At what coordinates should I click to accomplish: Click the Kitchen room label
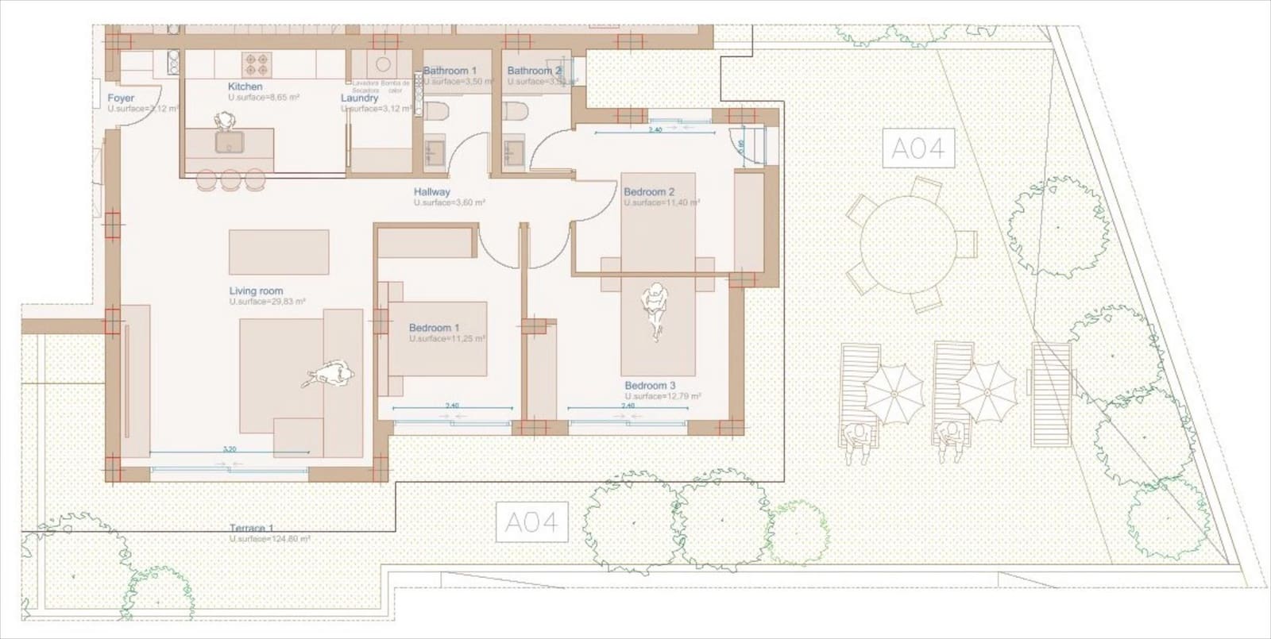245,87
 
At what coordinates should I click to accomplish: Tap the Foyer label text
121,98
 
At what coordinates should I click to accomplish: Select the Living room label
256,291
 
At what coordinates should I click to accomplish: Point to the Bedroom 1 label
434,328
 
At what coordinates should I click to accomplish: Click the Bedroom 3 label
651,386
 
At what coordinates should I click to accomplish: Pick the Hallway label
431,192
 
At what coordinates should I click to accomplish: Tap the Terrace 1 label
251,529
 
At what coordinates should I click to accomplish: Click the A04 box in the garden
918,148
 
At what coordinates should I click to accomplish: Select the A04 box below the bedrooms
531,522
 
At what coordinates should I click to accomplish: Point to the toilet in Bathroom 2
515,112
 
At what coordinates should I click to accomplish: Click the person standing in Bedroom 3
655,310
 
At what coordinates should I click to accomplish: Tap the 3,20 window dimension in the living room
230,449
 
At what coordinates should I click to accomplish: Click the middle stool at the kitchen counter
230,180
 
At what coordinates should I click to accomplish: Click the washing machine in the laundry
383,64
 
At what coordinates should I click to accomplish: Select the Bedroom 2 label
649,192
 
